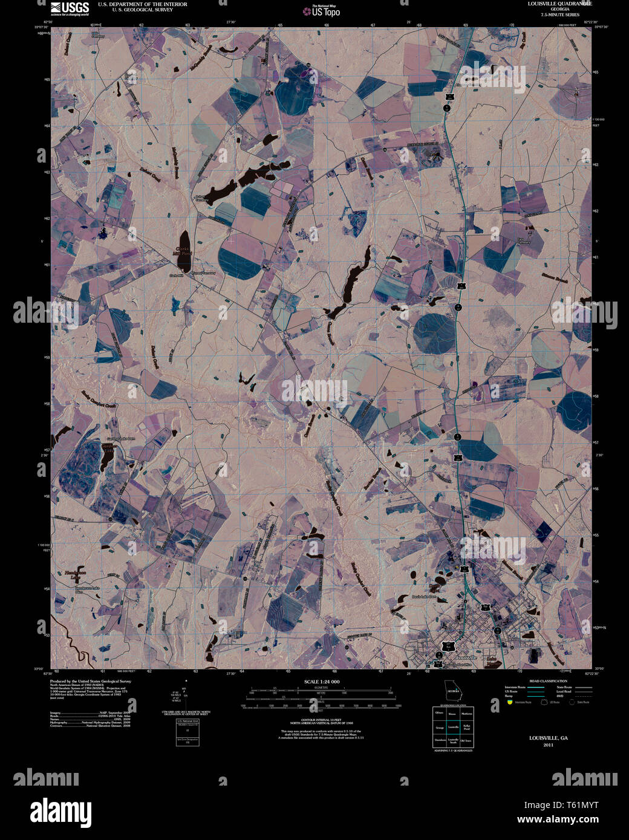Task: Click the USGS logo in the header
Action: [70, 8]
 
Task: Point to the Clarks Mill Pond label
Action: [183, 252]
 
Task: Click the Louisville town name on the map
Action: [466, 657]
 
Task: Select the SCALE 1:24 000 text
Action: [321, 682]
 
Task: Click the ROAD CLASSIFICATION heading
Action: [548, 681]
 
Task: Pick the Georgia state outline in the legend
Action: [452, 690]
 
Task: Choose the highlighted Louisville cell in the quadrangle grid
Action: [452, 727]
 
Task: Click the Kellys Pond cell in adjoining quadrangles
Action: [466, 727]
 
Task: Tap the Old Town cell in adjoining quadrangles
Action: [466, 741]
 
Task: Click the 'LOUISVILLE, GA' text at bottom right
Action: [548, 738]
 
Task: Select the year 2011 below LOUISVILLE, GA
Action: [548, 745]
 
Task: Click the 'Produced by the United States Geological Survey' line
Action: [90, 681]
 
